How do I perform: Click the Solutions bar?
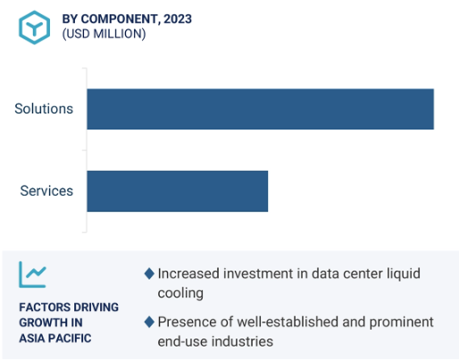260,109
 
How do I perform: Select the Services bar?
178,191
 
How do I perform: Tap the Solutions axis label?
44,109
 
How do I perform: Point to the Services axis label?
46,191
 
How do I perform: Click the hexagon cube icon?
34,28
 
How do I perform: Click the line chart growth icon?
33,274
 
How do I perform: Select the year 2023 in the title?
178,19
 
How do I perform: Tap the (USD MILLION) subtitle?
104,34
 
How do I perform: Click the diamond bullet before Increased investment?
149,273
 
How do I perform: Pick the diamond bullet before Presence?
149,322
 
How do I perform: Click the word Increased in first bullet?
188,273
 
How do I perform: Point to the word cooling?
180,294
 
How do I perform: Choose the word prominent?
402,322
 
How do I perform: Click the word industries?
242,341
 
